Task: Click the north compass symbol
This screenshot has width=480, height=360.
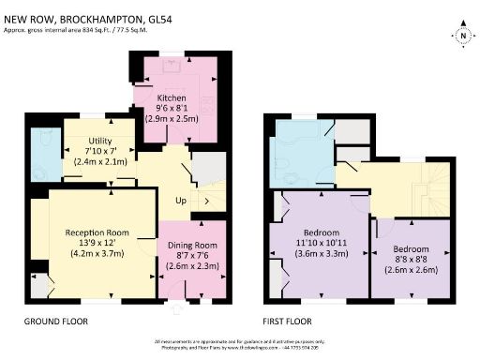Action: click(462, 37)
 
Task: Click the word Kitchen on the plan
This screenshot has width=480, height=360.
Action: click(171, 97)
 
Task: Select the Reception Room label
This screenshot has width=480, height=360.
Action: click(97, 232)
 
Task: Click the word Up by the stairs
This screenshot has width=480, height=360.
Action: click(181, 201)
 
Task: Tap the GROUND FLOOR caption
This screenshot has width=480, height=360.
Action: click(55, 321)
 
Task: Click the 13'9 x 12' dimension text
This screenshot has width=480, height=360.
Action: click(97, 243)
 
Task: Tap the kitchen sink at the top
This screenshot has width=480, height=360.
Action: click(172, 65)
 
